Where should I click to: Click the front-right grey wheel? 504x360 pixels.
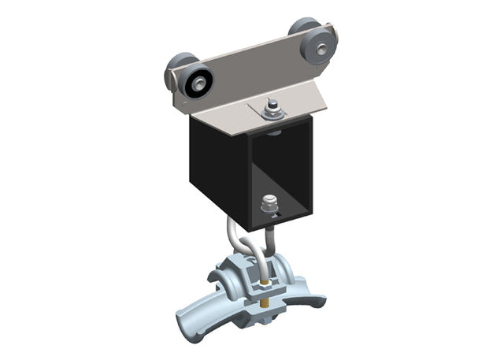click(318, 47)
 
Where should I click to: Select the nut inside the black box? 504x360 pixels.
click(267, 206)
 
